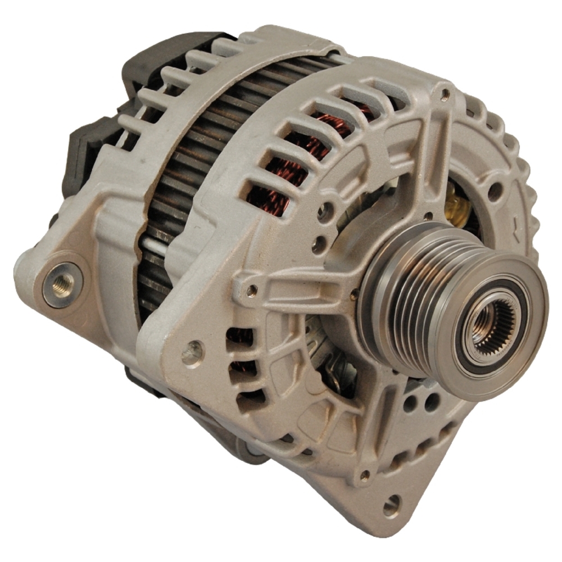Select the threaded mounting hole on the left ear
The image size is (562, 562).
(58, 285)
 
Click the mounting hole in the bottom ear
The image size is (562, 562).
(391, 504)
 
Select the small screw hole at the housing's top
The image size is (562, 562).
(445, 94)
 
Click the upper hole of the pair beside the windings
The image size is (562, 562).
(323, 212)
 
